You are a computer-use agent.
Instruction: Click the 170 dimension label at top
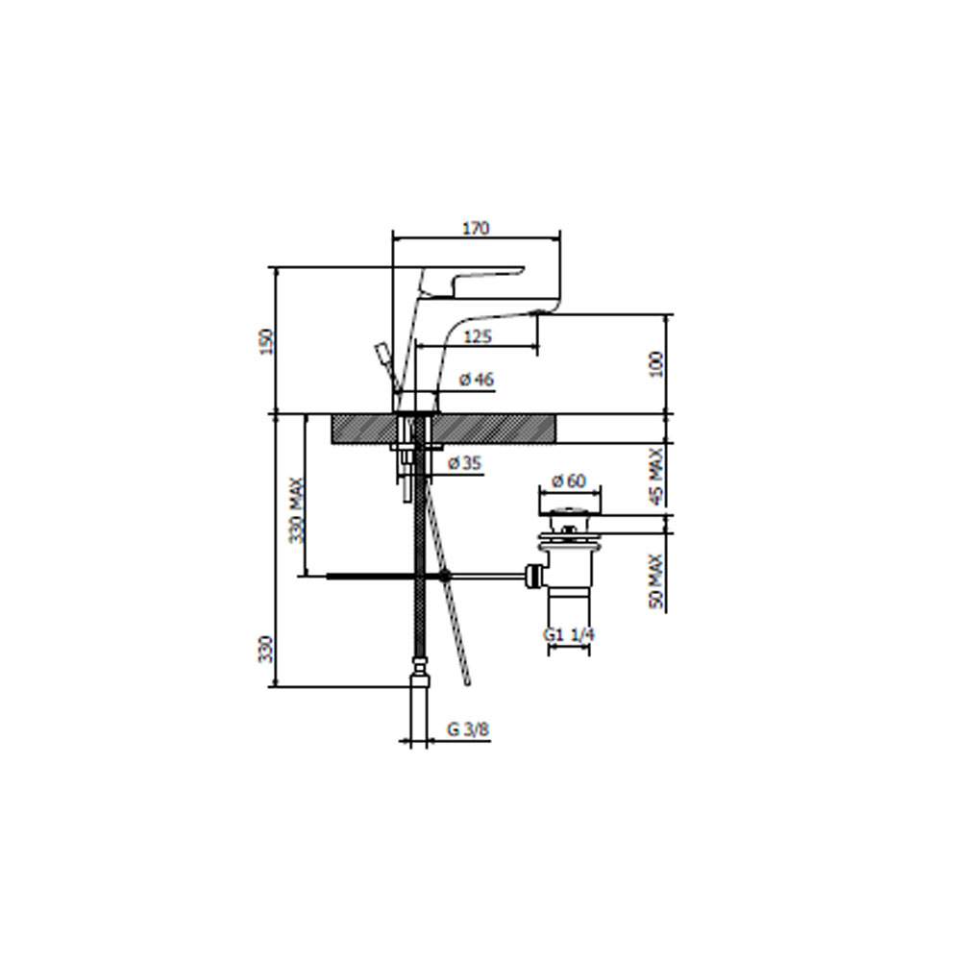click(x=476, y=228)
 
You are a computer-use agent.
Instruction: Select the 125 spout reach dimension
click(x=478, y=336)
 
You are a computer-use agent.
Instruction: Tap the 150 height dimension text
click(x=266, y=341)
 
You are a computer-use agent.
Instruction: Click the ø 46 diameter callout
click(x=477, y=380)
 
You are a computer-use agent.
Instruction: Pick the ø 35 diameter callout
click(x=464, y=463)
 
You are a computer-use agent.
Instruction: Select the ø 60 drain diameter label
click(x=569, y=480)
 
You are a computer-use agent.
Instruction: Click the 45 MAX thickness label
click(x=655, y=477)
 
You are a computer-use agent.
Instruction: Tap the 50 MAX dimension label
click(x=655, y=581)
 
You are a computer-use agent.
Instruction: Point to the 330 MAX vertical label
click(x=297, y=510)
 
